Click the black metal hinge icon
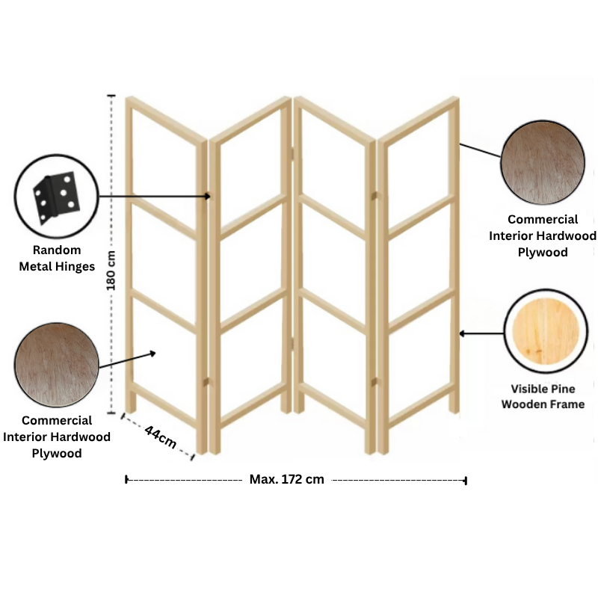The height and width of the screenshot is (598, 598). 57,197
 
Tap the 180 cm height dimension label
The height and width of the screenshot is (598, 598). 111,271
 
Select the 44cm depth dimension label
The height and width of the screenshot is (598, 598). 161,437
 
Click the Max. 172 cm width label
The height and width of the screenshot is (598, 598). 287,479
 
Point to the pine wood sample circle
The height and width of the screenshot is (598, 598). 546,331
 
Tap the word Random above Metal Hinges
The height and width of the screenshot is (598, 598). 57,250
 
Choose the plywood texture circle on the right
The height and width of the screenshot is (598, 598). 543,162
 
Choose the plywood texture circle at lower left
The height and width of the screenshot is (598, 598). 57,365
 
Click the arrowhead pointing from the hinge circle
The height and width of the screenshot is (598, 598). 208,197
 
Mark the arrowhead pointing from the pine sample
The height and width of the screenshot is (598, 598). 461,333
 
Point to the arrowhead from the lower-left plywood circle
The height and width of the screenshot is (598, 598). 153,354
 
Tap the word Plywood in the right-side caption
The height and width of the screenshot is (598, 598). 543,253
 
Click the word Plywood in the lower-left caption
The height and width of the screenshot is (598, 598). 57,454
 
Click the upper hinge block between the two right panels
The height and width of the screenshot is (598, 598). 374,196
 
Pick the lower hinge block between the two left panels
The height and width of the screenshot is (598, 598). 206,382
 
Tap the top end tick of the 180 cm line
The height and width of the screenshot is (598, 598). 111,96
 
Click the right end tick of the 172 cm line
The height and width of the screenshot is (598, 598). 466,481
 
